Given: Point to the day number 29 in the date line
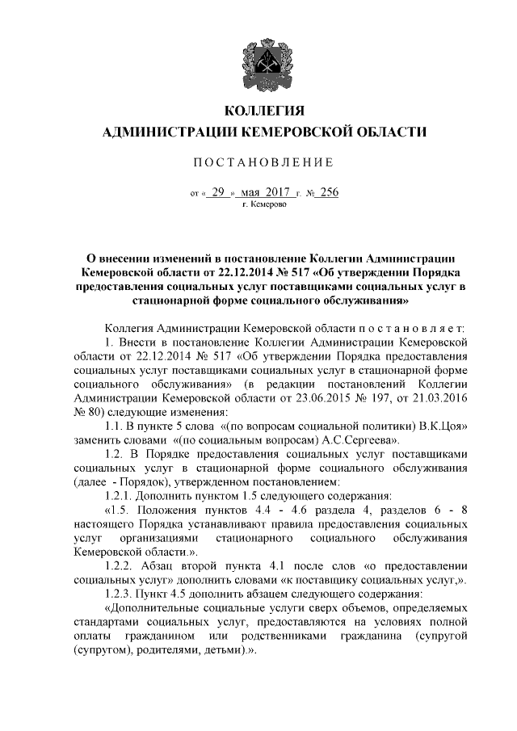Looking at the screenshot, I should tap(216, 193).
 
